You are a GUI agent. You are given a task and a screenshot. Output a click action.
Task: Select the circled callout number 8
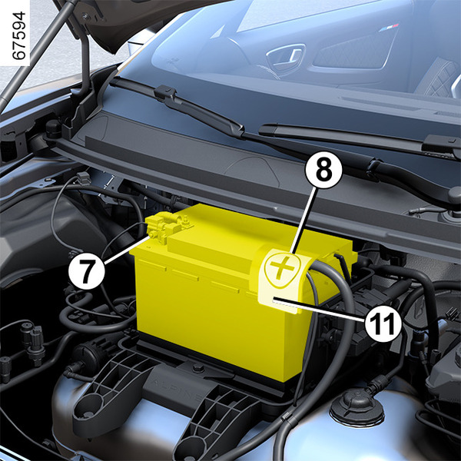(323, 170)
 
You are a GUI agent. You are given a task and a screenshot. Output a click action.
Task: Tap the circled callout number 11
(383, 323)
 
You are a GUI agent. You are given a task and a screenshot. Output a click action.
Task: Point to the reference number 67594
(19, 35)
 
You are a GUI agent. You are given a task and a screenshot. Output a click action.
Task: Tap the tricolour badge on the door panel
(388, 28)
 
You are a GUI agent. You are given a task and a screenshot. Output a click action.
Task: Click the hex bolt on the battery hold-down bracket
(197, 368)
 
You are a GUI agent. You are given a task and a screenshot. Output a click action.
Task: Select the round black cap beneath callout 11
(357, 407)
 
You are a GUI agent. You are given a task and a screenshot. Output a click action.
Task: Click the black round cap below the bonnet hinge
(53, 128)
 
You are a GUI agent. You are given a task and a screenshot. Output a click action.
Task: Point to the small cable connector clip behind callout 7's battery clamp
(84, 177)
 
